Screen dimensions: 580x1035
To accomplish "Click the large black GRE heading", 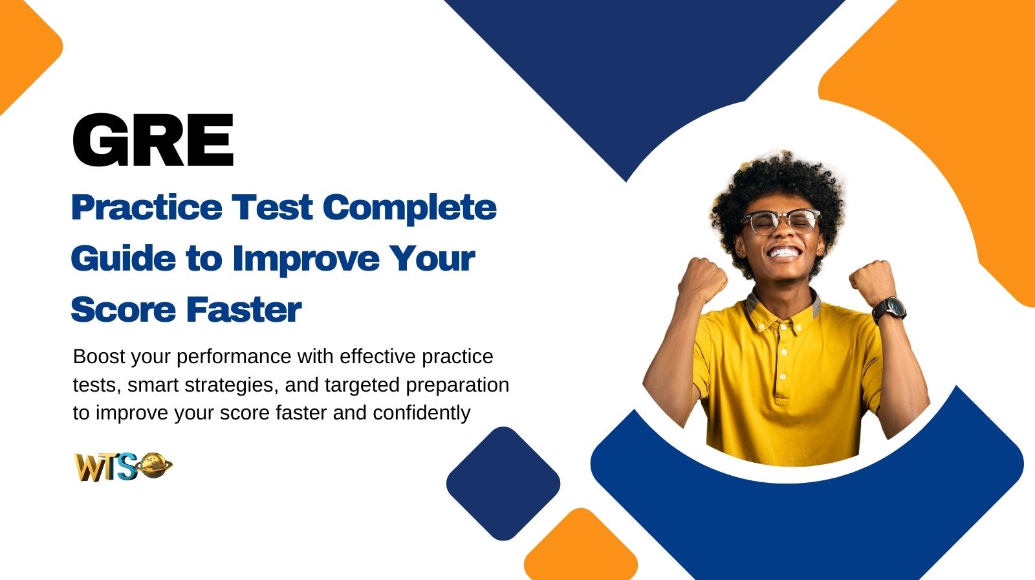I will [x=153, y=140].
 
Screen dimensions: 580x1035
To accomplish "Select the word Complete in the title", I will [x=409, y=208].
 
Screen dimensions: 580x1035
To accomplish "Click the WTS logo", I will [x=123, y=466].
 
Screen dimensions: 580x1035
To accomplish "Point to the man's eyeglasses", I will [x=781, y=221].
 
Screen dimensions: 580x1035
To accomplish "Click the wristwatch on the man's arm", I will [x=889, y=310].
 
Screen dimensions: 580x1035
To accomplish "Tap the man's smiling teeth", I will [x=784, y=252].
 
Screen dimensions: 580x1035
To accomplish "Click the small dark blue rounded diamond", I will [x=503, y=483].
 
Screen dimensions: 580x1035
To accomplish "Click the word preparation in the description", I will [x=457, y=385].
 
